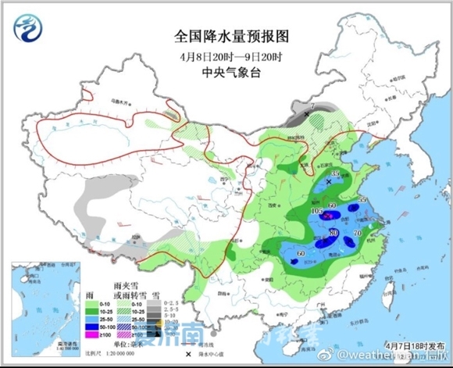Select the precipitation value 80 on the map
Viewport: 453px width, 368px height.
coord(334,233)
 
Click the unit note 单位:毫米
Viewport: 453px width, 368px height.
coord(133,344)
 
